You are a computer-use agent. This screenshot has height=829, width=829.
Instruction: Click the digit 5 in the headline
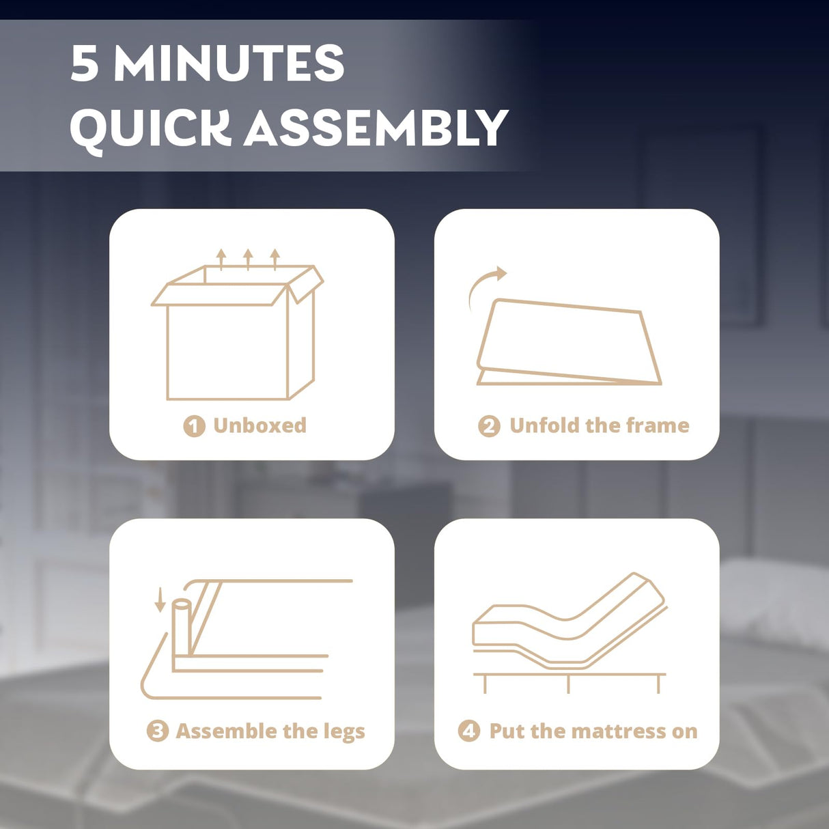[85, 64]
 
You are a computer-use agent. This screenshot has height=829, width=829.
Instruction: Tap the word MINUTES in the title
[229, 64]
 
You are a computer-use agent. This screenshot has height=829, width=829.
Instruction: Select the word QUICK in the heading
[150, 128]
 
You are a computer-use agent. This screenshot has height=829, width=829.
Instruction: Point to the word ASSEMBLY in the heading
[376, 128]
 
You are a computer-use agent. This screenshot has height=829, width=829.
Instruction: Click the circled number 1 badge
[194, 426]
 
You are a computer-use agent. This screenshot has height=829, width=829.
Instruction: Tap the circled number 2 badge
[489, 426]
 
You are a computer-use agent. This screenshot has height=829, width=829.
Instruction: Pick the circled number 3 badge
[157, 731]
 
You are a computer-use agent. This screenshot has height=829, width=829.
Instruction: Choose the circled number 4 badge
[468, 731]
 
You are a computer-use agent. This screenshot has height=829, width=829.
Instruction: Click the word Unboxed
[259, 425]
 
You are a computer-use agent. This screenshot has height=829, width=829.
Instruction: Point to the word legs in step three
[344, 732]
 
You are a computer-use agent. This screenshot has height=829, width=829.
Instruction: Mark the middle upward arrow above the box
[248, 259]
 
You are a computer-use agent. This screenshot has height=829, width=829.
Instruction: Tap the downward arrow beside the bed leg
[160, 599]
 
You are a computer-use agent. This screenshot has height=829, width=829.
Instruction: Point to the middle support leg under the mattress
[568, 684]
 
